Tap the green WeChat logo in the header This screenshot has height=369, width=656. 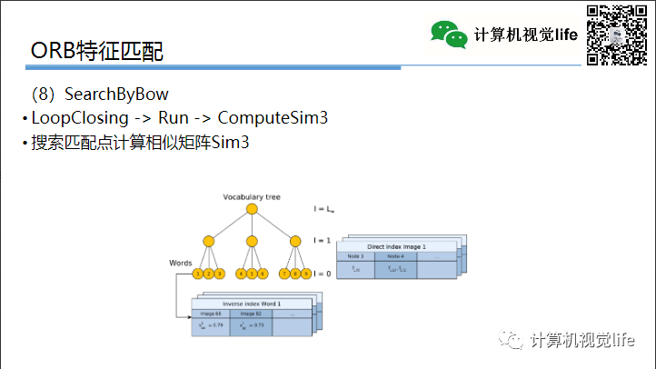tap(450, 35)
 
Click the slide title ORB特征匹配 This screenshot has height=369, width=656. tap(97, 51)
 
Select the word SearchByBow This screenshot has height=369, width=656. tap(116, 95)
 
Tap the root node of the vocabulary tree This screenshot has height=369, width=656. tap(252, 210)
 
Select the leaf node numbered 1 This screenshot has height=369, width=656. tap(198, 274)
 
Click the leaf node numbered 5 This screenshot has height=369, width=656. tap(252, 274)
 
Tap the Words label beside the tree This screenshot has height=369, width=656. tap(181, 263)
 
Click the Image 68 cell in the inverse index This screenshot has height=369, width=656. tap(212, 313)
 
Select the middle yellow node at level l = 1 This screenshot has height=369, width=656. tap(252, 242)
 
